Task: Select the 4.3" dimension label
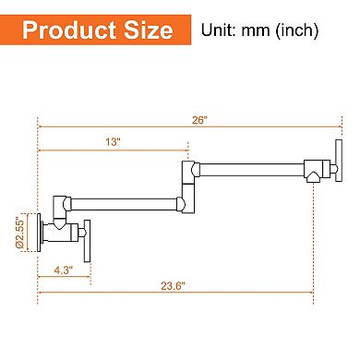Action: pyautogui.click(x=62, y=270)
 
